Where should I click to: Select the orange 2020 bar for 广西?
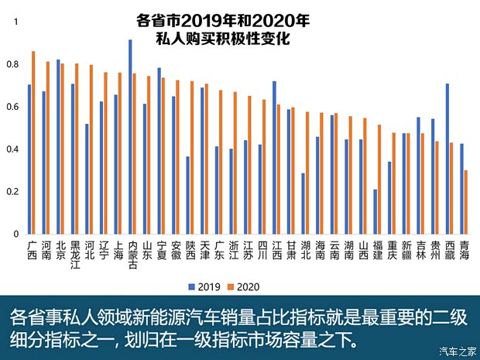point(33,142)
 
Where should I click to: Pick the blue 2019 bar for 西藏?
point(447,159)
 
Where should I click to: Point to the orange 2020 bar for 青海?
point(466,202)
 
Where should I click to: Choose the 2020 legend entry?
point(242,286)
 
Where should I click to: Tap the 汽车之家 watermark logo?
point(456,351)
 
